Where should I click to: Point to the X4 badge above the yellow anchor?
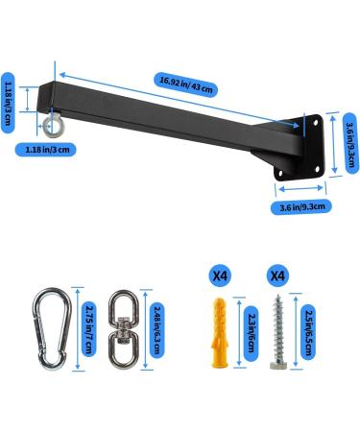point(220,275)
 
